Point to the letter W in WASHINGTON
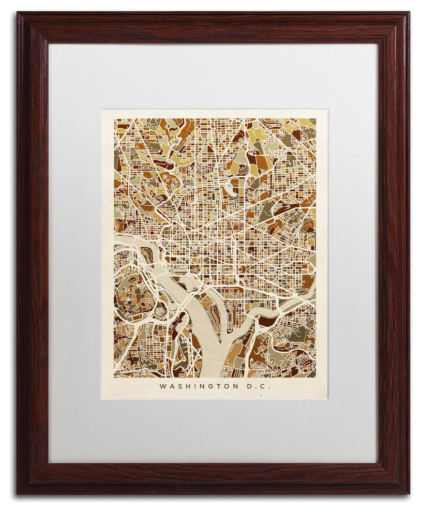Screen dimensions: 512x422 163,386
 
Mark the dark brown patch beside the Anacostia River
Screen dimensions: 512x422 267,321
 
